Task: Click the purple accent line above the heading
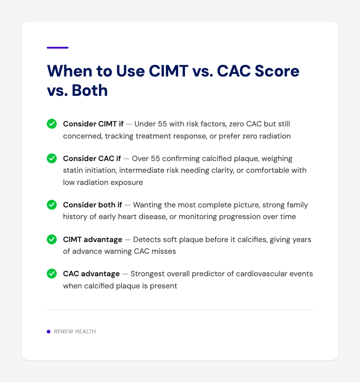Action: tap(58, 47)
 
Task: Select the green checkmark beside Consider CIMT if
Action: tap(52, 124)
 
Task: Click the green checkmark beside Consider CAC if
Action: tap(52, 159)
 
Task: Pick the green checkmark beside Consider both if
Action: tap(52, 205)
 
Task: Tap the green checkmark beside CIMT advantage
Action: tap(52, 239)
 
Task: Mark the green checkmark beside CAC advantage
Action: tap(52, 274)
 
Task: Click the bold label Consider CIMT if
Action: tap(93, 124)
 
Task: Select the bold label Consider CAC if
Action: tap(92, 159)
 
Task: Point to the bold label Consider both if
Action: tap(92, 205)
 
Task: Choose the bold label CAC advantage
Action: tap(91, 274)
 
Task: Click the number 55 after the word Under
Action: tap(162, 124)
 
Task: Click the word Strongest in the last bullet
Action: tap(145, 274)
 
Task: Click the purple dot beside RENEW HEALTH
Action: tap(49, 332)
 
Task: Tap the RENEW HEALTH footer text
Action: tap(75, 332)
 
